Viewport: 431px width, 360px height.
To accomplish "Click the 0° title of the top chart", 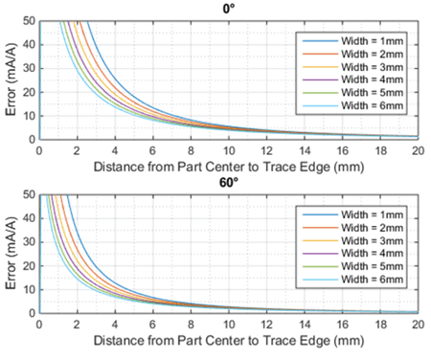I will (x=230, y=9).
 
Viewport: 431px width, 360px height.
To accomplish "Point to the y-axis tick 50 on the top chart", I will (x=30, y=20).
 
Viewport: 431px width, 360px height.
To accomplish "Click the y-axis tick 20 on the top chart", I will (x=30, y=92).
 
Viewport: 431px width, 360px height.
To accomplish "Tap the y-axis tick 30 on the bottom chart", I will (x=30, y=242).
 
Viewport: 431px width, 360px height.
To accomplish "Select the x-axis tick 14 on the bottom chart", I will (x=305, y=325).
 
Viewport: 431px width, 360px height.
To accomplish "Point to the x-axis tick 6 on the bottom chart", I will (x=153, y=325).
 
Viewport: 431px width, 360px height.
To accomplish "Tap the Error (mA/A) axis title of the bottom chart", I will (x=11, y=254).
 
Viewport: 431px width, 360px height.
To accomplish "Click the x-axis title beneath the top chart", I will (x=230, y=165).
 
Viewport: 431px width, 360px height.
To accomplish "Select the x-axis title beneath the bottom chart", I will (x=230, y=340).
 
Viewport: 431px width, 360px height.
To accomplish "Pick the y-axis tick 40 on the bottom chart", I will (x=30, y=218).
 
